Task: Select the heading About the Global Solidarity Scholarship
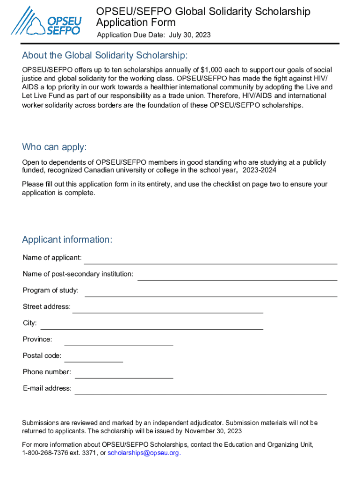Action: [x=105, y=56]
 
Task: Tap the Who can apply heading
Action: [x=54, y=147]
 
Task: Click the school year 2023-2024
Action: [x=259, y=170]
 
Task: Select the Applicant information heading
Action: [x=67, y=240]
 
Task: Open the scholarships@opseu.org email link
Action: [x=144, y=453]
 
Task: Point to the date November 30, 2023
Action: [x=213, y=431]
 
